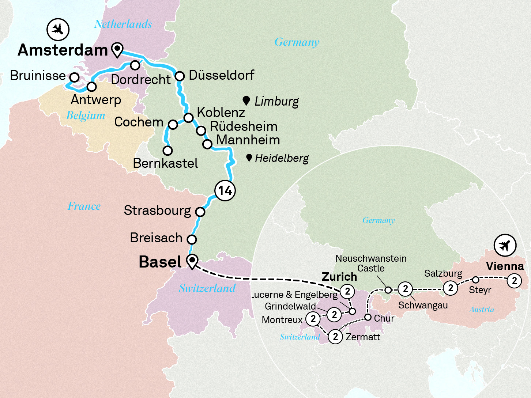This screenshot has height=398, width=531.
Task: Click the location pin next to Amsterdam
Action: [x=117, y=49]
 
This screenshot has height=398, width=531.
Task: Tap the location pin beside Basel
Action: [x=192, y=261]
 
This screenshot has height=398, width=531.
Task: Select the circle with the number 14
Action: [x=225, y=190]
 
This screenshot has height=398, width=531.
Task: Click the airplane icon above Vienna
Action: [x=505, y=245]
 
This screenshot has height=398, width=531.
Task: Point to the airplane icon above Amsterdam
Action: [x=58, y=29]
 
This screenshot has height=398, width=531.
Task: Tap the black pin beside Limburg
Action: [x=246, y=100]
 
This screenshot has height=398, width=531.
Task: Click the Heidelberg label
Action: [x=282, y=158]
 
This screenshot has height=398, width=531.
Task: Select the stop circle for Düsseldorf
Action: [x=180, y=76]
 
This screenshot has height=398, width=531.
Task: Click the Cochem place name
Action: [x=139, y=122]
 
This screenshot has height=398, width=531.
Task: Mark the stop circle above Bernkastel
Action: [x=167, y=150]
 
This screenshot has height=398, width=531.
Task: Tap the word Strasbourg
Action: [x=157, y=211]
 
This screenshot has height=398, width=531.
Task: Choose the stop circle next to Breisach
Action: [x=192, y=239]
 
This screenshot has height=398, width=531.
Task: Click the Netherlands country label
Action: [x=123, y=24]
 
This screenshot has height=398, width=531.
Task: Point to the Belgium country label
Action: [x=86, y=115]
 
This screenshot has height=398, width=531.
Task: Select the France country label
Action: [x=84, y=206]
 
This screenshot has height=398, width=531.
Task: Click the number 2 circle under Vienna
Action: [x=514, y=281]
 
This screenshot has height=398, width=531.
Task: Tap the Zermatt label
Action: [x=363, y=337]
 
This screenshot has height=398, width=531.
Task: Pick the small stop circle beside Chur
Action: [x=368, y=317]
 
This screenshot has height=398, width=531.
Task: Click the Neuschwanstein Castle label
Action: [x=371, y=263]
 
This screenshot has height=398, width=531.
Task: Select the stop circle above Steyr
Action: [x=475, y=280]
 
